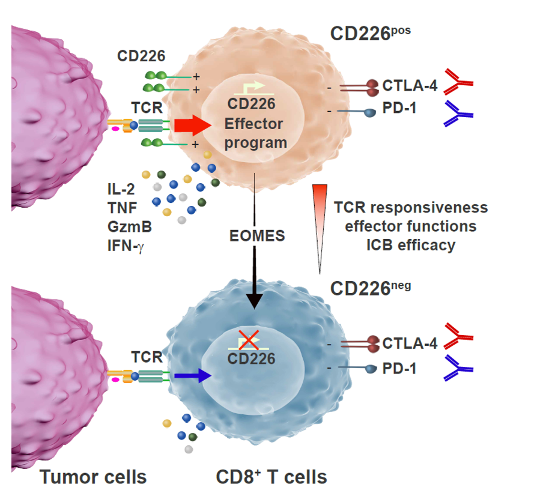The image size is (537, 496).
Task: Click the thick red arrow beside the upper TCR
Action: (x=191, y=126)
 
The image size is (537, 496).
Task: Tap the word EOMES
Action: (x=257, y=235)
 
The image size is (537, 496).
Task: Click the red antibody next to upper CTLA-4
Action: (x=458, y=82)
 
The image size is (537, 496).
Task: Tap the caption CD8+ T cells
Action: (x=272, y=477)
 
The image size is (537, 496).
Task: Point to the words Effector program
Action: (x=253, y=134)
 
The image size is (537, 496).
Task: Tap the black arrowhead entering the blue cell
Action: (x=255, y=300)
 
